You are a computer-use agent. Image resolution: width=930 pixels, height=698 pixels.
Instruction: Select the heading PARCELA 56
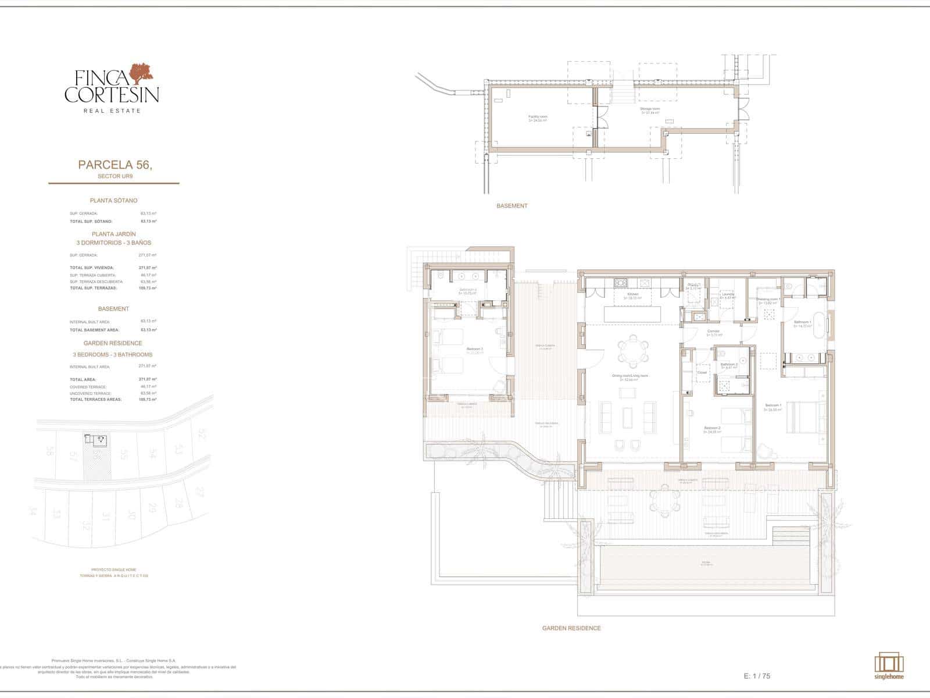(115, 165)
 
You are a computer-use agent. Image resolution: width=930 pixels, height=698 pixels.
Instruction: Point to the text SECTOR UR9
(113, 176)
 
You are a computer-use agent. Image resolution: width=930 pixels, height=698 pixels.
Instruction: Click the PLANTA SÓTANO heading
(113, 201)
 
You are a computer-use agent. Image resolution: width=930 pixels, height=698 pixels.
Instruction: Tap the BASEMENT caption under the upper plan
(512, 206)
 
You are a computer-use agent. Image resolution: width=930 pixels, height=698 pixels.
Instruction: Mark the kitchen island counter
(632, 314)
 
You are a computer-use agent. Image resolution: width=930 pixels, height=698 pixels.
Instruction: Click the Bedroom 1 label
(773, 405)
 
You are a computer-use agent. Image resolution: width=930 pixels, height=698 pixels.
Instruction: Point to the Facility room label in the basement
(538, 117)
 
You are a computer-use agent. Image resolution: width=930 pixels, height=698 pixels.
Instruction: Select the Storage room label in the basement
(650, 109)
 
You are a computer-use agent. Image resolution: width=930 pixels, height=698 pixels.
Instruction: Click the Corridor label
(714, 332)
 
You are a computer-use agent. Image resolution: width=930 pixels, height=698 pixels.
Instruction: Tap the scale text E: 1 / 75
(757, 676)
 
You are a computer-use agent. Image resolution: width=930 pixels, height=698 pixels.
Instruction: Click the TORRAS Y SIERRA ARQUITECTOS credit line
(114, 576)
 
